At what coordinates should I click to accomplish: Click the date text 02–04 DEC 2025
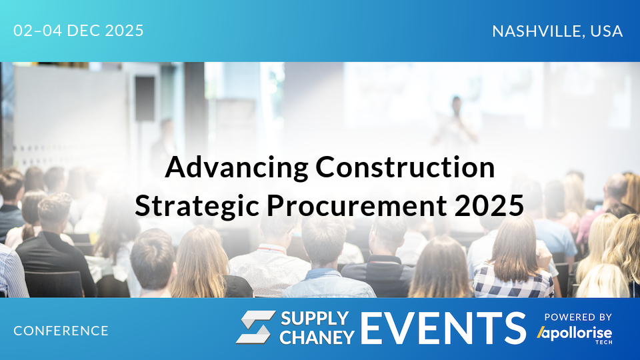pyautogui.click(x=79, y=31)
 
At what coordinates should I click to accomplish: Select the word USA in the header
pyautogui.click(x=607, y=31)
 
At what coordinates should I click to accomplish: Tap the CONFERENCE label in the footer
pyautogui.click(x=61, y=331)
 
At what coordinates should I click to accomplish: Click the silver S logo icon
pyautogui.click(x=255, y=327)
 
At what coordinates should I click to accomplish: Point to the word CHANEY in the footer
pyautogui.click(x=317, y=337)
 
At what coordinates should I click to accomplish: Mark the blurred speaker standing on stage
pyautogui.click(x=456, y=120)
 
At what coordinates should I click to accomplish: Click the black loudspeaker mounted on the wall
pyautogui.click(x=145, y=98)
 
